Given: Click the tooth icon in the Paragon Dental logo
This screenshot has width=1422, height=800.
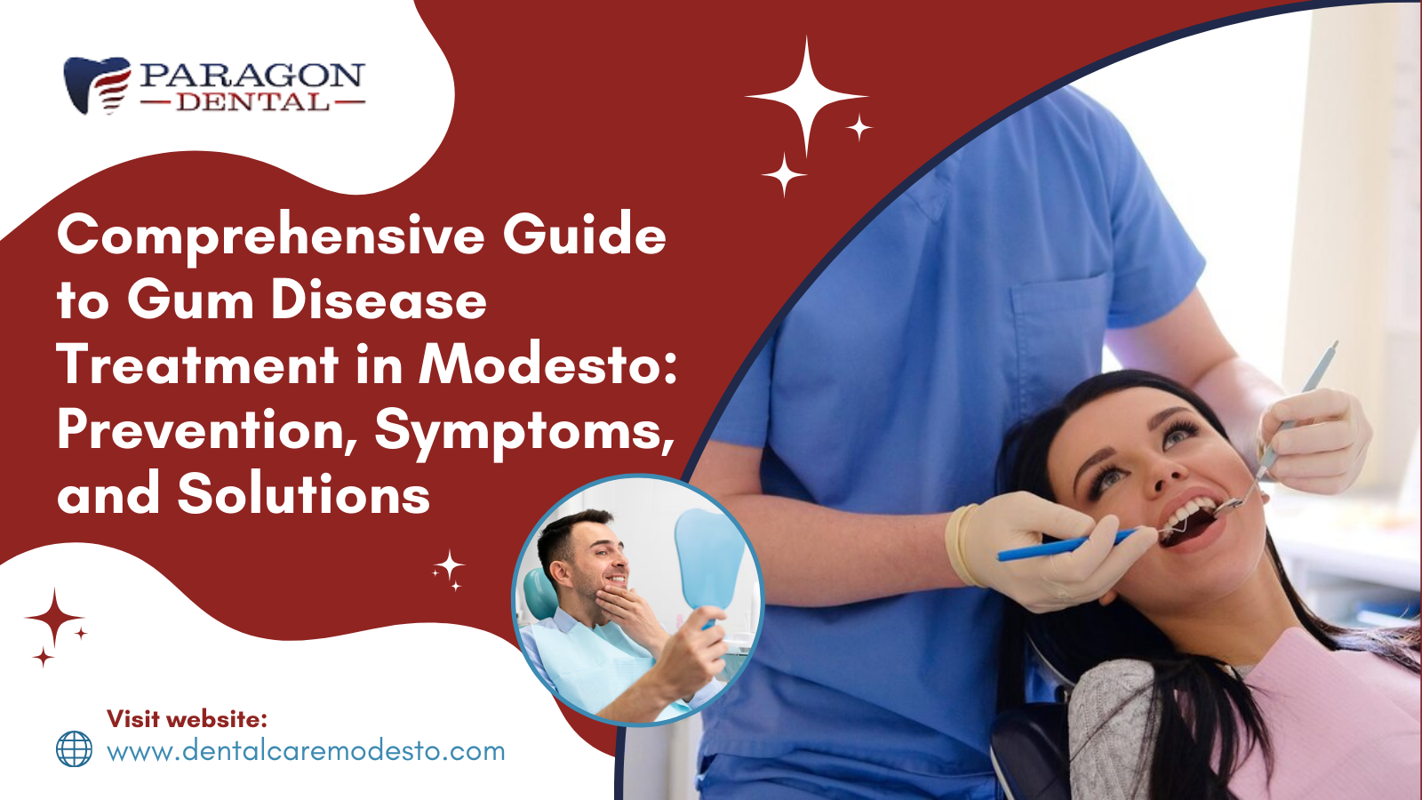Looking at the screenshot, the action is [97, 85].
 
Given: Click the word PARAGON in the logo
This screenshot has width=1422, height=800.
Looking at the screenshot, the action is [252, 76].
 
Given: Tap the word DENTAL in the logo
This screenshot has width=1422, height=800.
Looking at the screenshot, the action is [252, 101].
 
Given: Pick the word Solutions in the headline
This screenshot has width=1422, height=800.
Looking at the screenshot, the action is [303, 494].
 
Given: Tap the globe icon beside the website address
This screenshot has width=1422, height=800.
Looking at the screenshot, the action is [75, 748].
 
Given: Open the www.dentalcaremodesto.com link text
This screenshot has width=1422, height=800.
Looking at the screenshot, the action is [306, 752].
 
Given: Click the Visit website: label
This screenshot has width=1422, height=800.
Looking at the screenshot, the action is [188, 719].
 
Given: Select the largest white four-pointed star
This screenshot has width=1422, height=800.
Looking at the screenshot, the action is [806, 97].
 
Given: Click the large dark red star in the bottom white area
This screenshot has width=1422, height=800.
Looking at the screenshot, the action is [54, 618].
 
